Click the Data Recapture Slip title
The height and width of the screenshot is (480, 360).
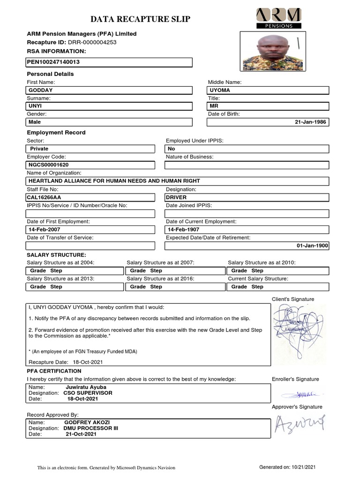[140, 19]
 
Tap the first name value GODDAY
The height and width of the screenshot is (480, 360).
[41, 90]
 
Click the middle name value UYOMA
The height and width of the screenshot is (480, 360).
[220, 90]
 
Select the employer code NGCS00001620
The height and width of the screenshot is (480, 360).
[49, 165]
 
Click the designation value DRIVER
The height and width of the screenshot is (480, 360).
[176, 197]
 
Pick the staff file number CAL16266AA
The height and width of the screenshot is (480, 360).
[44, 197]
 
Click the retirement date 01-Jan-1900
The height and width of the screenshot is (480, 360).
[312, 246]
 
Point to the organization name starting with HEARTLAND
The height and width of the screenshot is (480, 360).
[114, 181]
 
